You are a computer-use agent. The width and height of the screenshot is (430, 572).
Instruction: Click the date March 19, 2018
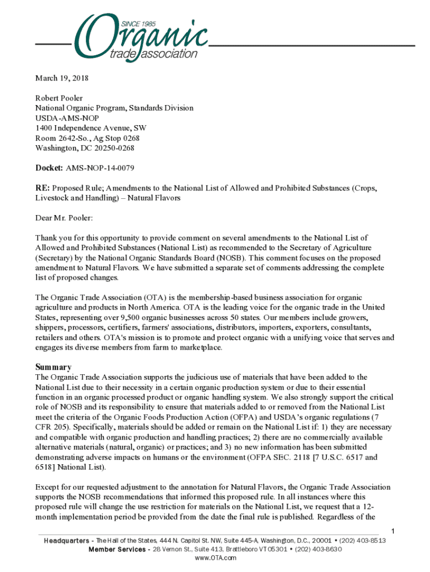click(62, 78)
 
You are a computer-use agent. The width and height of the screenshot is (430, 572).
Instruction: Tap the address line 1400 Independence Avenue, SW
click(91, 128)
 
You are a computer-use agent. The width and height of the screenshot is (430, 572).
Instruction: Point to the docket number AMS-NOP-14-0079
click(100, 168)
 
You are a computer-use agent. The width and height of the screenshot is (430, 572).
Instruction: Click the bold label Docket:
click(49, 168)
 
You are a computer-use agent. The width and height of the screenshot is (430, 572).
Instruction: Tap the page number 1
click(393, 530)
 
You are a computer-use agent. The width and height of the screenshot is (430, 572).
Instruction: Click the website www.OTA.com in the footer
click(215, 557)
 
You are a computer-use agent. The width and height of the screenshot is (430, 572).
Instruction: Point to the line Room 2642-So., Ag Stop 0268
click(87, 138)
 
